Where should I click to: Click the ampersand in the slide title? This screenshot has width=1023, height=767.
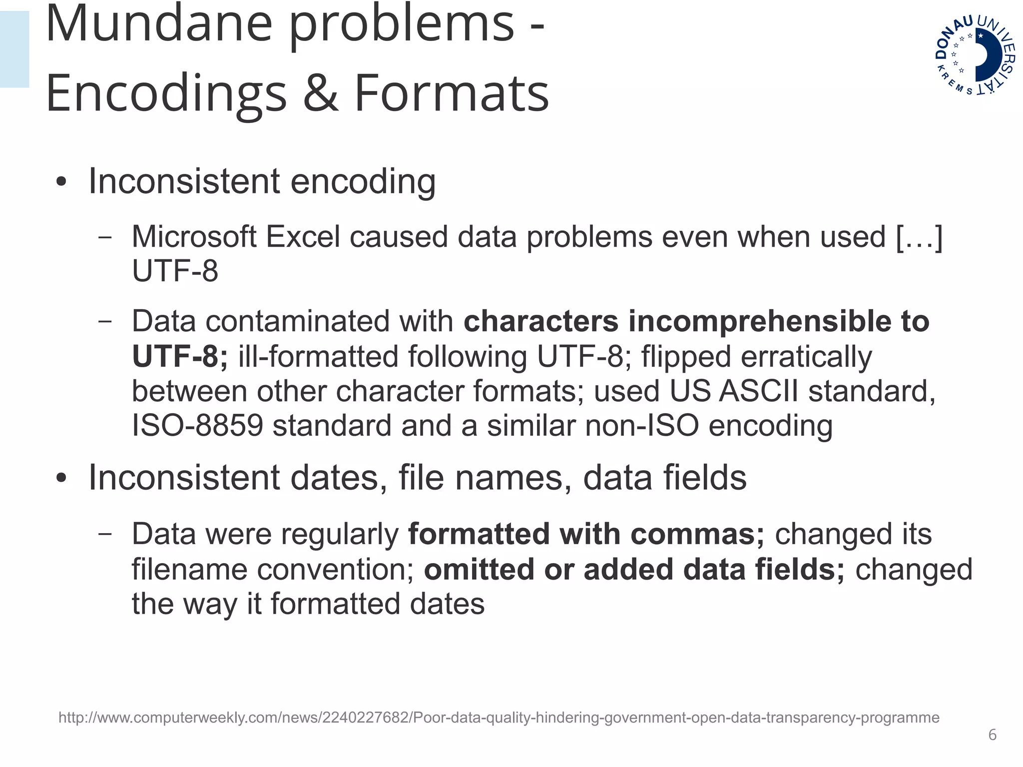coord(320,93)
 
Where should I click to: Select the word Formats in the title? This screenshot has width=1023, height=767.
coord(452,93)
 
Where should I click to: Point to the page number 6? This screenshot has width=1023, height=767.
coord(992,735)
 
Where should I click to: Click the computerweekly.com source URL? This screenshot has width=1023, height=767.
coord(499,718)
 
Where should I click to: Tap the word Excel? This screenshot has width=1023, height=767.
coord(303,236)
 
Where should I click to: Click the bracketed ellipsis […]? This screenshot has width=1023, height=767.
coord(920,236)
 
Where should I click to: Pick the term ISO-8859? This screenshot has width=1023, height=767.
coord(197,426)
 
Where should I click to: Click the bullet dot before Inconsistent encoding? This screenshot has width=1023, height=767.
coord(61,182)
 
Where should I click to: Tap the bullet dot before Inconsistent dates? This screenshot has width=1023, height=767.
coord(61,478)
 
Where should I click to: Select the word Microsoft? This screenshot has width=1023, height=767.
coord(194,236)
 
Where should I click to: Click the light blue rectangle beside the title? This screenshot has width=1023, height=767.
coord(14,49)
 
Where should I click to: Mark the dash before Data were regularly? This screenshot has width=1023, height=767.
coord(105,533)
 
